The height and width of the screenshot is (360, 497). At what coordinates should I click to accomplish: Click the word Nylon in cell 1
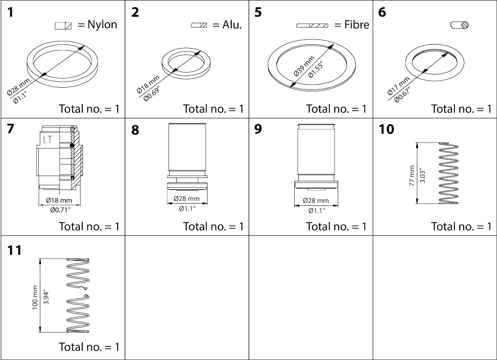[x=102, y=25]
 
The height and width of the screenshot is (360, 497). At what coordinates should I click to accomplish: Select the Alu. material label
[x=232, y=25]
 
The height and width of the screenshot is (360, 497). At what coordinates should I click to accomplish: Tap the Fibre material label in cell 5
[x=356, y=25]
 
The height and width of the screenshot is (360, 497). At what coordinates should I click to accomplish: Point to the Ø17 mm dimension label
[x=398, y=85]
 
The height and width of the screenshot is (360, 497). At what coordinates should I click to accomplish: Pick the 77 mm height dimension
[x=412, y=175]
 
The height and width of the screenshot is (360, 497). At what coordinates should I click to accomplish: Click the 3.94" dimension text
[x=46, y=297]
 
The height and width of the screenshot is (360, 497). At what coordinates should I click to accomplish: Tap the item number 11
[x=14, y=251]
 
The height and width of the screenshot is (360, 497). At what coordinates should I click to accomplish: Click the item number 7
[x=11, y=129]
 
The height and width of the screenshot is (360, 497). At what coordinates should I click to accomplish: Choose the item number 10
[x=386, y=129]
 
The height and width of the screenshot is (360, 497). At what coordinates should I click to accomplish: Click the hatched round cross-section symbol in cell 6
[x=460, y=25]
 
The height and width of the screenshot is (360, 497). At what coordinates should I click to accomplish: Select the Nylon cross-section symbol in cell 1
[x=63, y=25]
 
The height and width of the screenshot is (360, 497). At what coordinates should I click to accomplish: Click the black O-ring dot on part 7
[x=72, y=146]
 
